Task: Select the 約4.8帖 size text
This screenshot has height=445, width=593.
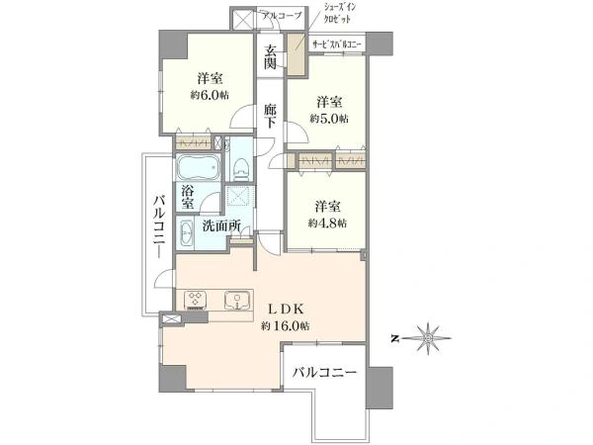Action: coord(328,223)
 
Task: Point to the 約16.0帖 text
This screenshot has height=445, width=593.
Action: coord(287,326)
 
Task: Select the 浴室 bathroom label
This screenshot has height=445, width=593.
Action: coord(187,194)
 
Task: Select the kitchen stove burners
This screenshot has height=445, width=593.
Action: coord(196,300)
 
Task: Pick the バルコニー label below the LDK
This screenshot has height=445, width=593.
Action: coord(323,375)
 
